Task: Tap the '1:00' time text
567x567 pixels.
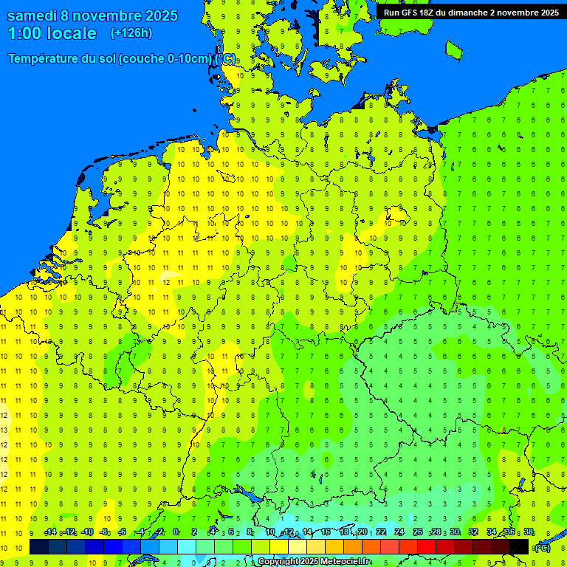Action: pyautogui.click(x=24, y=33)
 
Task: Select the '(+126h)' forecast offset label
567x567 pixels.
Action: pyautogui.click(x=131, y=33)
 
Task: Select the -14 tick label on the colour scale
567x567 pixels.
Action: pyautogui.click(x=50, y=532)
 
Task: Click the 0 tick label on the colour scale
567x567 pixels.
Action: pyautogui.click(x=176, y=532)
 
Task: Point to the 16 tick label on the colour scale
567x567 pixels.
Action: pyautogui.click(x=326, y=532)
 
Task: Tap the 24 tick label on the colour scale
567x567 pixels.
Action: pyautogui.click(x=400, y=532)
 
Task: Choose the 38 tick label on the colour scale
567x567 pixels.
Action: pyautogui.click(x=529, y=532)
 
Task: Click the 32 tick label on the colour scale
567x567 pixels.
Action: pyautogui.click(x=473, y=532)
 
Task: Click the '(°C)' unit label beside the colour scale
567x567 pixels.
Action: pyautogui.click(x=543, y=547)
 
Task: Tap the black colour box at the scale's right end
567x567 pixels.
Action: pyautogui.click(x=519, y=546)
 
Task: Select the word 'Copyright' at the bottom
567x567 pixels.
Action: pyautogui.click(x=278, y=562)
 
